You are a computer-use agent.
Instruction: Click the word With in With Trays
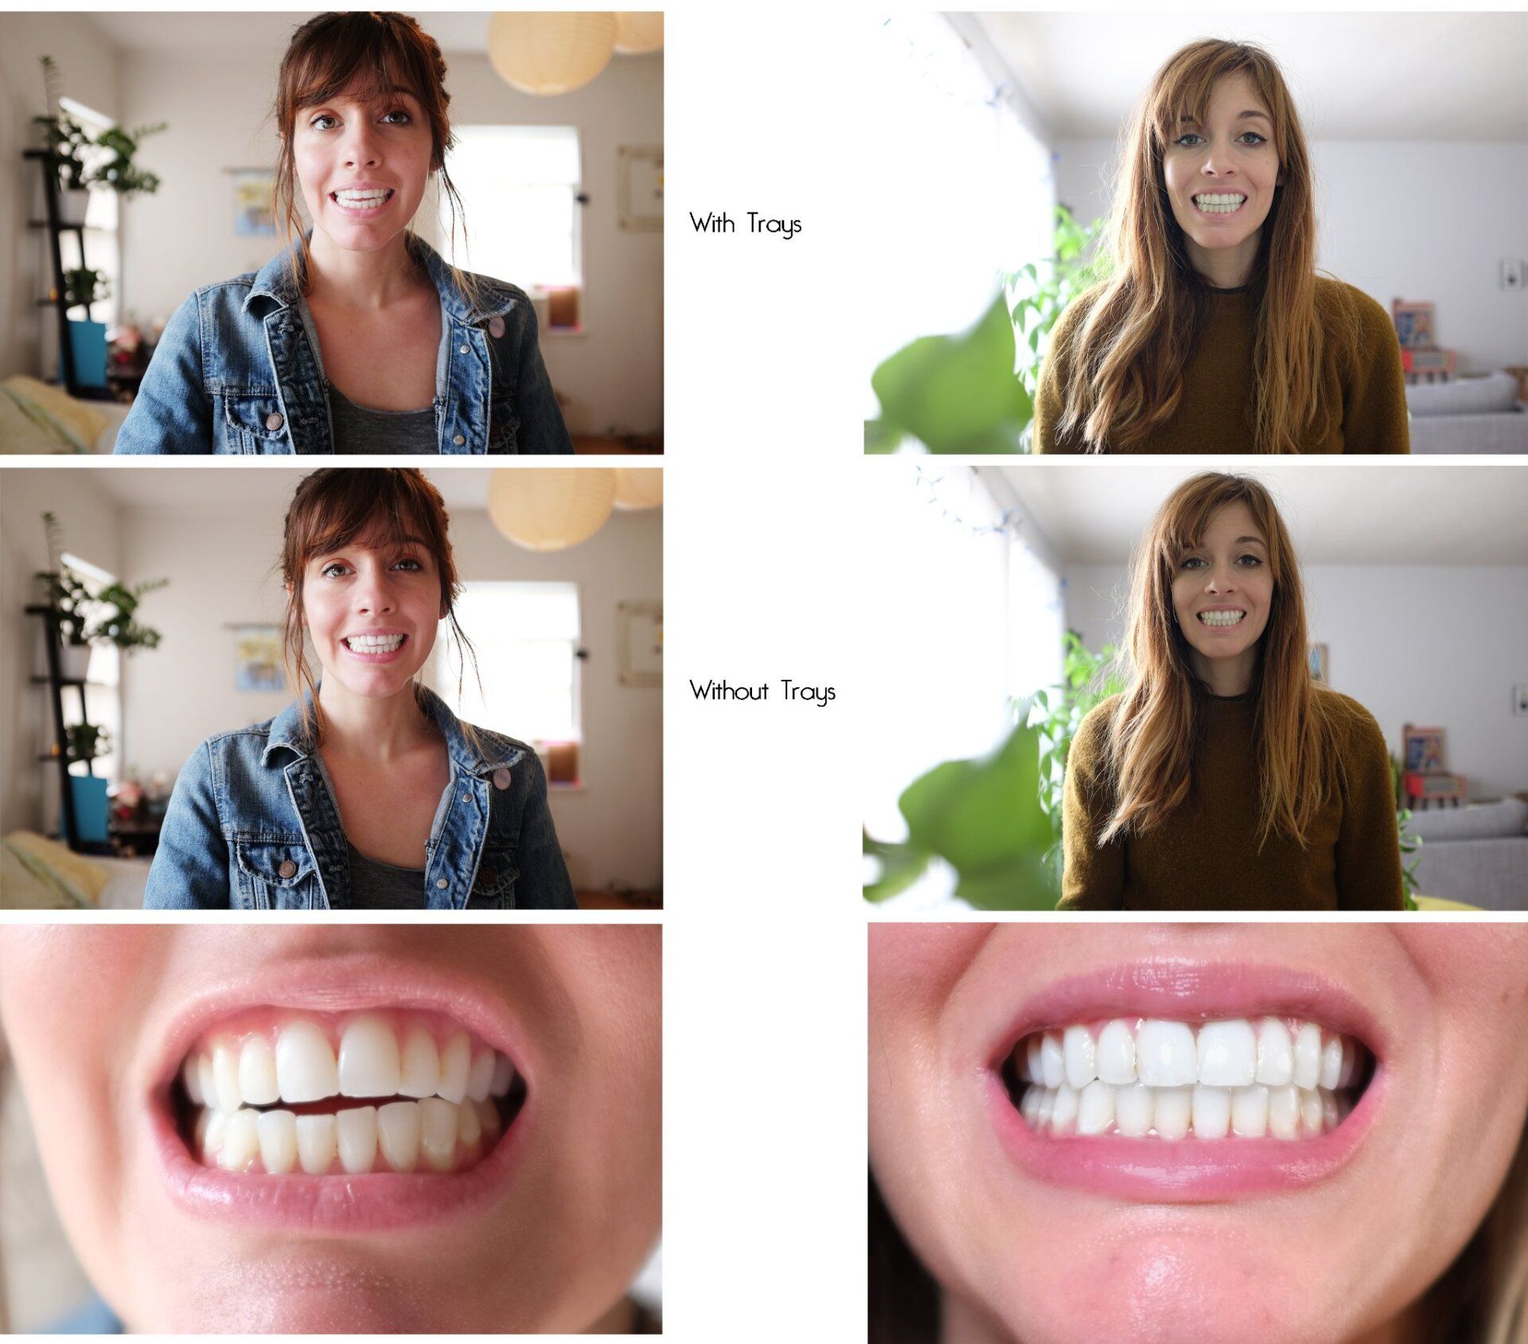[x=711, y=223]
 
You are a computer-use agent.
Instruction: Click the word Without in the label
[x=728, y=690]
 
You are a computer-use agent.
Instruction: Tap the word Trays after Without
[x=807, y=691]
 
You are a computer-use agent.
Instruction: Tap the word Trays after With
[x=774, y=225]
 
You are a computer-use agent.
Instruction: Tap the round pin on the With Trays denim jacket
[x=497, y=325]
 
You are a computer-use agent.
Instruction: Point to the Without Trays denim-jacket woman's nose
[x=375, y=609]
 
